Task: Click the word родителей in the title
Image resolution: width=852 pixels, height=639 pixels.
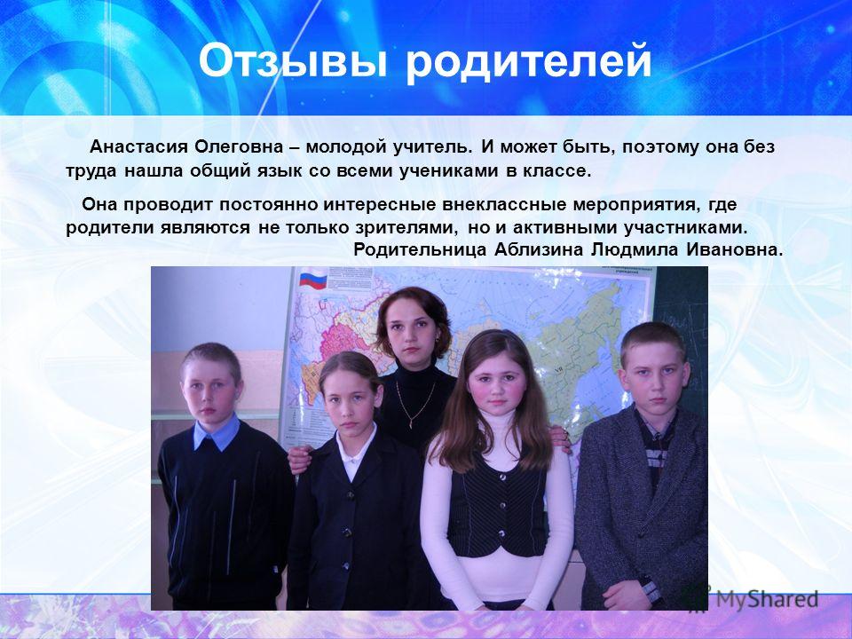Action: (x=529, y=61)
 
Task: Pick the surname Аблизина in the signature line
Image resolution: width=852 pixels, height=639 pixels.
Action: (x=540, y=250)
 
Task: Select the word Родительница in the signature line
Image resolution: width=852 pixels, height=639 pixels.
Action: (x=420, y=250)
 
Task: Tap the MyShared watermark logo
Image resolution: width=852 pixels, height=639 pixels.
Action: (x=750, y=598)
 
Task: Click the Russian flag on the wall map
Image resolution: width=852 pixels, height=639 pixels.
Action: (x=313, y=280)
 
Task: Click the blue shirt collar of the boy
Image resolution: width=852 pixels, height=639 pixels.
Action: (x=217, y=432)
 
